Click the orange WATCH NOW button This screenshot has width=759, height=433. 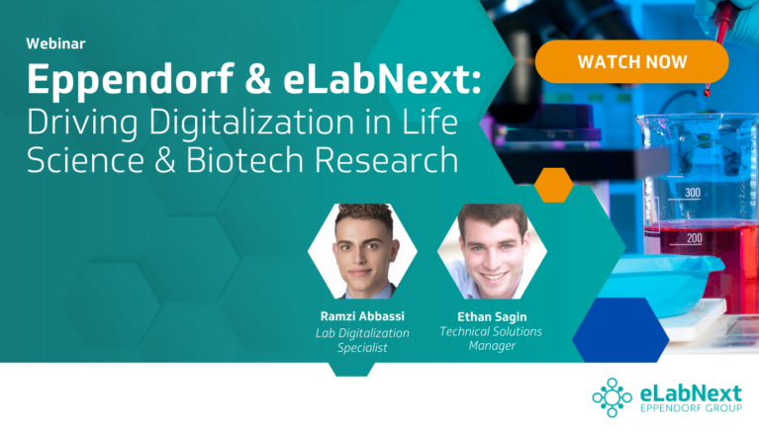coord(631,61)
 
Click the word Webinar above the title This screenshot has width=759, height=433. coord(55,43)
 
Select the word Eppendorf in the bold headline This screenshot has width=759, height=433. coord(131,80)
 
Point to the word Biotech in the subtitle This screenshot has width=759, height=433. coord(244,159)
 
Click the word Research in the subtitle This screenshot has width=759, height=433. coord(386,159)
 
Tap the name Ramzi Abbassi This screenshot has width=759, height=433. coord(362,316)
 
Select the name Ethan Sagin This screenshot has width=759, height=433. coord(492,317)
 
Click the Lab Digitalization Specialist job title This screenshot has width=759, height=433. coord(362,340)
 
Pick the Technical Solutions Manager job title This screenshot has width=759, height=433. coord(491,339)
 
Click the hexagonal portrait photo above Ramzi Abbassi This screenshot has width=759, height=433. coord(362,251)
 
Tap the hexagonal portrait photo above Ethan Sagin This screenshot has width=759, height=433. coord(492,251)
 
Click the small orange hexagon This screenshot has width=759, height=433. coord(554,185)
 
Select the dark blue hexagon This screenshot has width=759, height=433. coord(620,330)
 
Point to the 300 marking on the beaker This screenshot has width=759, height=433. coord(693,193)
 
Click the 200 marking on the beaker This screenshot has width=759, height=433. coord(694,238)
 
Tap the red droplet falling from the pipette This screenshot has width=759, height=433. coord(708,90)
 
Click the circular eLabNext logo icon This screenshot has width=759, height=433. coord(613,397)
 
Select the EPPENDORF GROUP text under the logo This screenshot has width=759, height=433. coord(691,408)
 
